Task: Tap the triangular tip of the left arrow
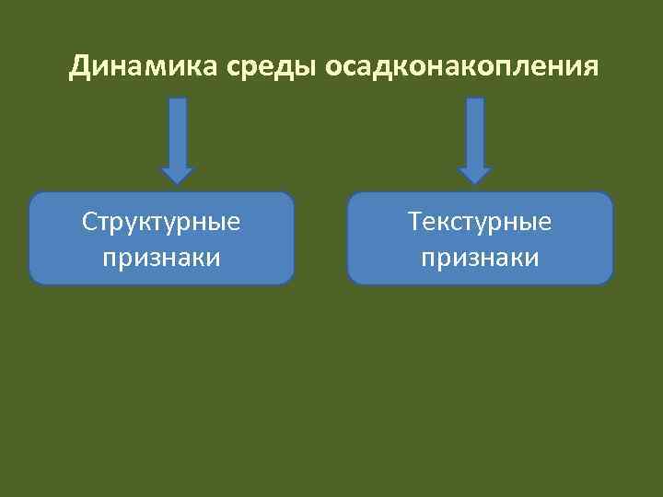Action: (x=178, y=176)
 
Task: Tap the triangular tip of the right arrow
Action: (x=474, y=176)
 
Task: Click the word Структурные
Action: (x=162, y=223)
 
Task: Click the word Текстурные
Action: (x=480, y=223)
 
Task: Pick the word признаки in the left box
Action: (x=162, y=257)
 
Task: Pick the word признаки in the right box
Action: (x=480, y=257)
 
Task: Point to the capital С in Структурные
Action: (x=89, y=223)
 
